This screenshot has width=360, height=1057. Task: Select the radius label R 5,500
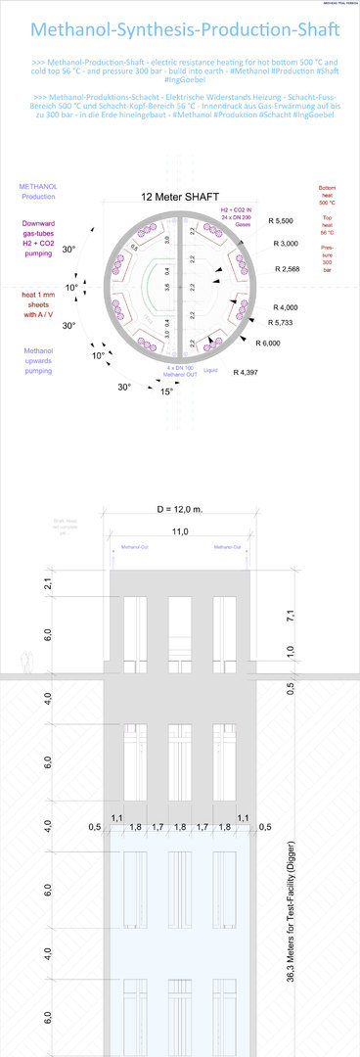click(x=282, y=221)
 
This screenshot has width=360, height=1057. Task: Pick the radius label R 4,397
click(x=247, y=373)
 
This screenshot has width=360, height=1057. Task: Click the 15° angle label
click(x=167, y=391)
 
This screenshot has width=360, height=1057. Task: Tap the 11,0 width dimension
click(x=180, y=530)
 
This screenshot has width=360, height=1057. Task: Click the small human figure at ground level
click(x=29, y=663)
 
